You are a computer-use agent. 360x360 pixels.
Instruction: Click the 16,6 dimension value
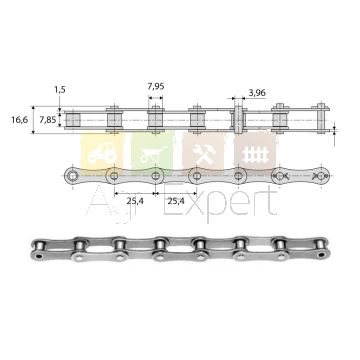tap(20, 120)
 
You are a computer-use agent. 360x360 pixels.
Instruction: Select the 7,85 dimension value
tap(48, 120)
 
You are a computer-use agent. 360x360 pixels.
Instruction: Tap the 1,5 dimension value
tap(60, 89)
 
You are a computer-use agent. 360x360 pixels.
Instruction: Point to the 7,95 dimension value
tap(156, 86)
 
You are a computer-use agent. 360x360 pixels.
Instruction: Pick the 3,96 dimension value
tap(257, 93)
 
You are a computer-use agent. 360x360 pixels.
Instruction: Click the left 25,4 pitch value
tap(135, 201)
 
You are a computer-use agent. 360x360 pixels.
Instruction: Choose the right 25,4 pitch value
tap(176, 201)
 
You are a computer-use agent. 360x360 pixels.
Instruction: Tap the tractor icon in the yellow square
tap(101, 153)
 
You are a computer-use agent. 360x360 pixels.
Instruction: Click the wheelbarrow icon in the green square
tap(153, 154)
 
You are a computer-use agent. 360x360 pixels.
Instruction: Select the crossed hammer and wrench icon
tap(204, 154)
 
